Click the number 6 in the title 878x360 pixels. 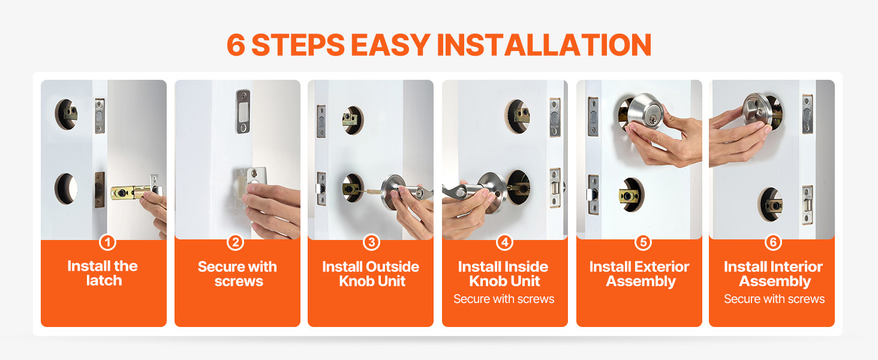point(236,45)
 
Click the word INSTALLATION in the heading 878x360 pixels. point(544,45)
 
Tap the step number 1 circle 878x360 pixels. point(107,242)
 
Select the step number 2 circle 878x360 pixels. point(236,242)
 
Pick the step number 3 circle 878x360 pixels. point(371,242)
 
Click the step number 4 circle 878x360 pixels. point(505,242)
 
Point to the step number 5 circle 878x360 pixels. point(643,242)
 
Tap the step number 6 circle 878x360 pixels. point(773,242)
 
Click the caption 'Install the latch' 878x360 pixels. point(103,274)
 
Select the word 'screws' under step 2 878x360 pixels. point(239,281)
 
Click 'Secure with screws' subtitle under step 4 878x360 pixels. point(504,299)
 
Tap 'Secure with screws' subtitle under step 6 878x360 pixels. point(774,299)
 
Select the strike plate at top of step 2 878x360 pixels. point(243,112)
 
